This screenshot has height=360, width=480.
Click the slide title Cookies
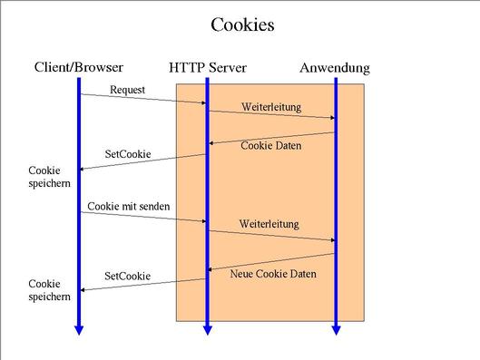242,24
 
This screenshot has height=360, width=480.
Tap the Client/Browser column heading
79,67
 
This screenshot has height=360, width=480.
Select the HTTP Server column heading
208,68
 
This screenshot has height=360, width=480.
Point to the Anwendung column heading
335,68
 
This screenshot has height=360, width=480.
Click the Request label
128,89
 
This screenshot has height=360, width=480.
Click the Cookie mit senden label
129,207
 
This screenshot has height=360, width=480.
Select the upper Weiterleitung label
271,106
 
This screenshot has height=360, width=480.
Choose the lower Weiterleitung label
269,223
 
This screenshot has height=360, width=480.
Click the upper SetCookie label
128,154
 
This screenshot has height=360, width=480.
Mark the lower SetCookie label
128,275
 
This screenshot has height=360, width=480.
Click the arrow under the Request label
143,99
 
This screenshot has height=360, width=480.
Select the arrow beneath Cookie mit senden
143,217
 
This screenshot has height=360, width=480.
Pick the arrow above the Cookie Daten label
272,138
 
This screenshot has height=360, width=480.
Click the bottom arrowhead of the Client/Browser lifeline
79,330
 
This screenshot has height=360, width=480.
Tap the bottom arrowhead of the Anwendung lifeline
336,330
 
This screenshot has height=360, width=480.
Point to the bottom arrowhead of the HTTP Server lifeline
207,330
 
